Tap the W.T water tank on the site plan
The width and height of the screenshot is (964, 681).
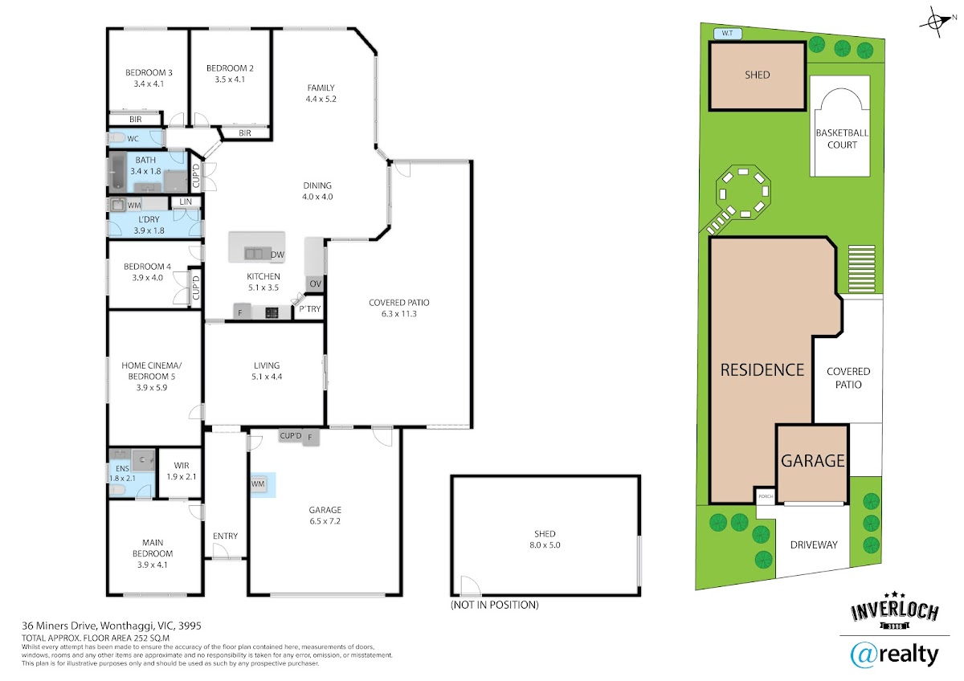727,33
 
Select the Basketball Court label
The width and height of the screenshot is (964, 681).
842,138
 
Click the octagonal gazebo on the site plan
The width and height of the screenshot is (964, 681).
743,192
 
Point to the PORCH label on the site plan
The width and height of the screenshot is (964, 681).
766,496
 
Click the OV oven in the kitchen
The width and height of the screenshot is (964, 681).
315,284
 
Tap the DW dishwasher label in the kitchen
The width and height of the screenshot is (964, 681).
278,255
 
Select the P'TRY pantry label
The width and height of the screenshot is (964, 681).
310,309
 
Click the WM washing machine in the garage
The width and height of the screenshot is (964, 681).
258,484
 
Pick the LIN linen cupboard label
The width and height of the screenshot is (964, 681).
186,202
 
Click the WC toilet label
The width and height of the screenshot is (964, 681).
133,138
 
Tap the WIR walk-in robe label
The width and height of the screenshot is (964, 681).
182,466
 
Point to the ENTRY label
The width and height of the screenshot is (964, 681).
225,536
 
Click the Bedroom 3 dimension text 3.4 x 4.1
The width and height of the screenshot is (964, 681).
149,84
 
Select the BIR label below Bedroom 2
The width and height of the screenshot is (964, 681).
244,133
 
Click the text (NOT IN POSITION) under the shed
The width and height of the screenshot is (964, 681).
495,605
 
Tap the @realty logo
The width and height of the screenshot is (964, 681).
894,655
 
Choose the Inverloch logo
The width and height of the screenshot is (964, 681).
895,611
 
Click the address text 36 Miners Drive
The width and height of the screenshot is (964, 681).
61,626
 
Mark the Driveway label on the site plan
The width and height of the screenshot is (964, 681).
814,544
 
